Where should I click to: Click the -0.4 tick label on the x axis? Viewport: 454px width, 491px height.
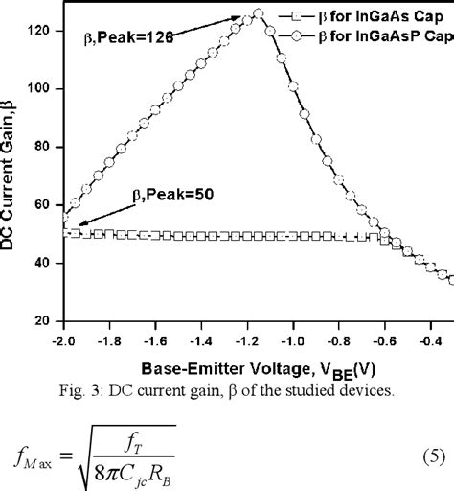pyautogui.click(x=410, y=339)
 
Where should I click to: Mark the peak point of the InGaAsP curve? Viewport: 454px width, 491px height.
pyautogui.click(x=257, y=13)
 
